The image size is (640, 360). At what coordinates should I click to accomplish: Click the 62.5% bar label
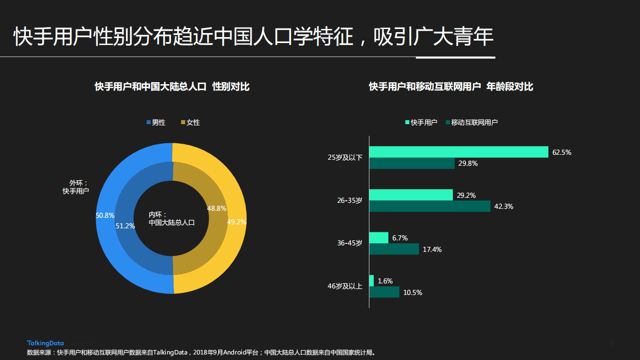point(561,152)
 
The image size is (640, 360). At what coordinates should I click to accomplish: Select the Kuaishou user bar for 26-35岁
point(411,195)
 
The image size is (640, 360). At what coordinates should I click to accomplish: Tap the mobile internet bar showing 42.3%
point(429,206)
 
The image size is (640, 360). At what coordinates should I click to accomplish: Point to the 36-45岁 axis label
point(350,243)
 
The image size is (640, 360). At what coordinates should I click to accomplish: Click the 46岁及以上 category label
point(345,286)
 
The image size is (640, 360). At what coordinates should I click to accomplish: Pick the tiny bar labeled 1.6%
point(371,281)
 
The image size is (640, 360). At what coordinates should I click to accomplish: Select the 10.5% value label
point(412,292)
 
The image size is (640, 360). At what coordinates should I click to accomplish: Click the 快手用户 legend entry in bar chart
point(420,122)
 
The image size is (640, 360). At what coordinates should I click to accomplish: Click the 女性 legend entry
point(190,122)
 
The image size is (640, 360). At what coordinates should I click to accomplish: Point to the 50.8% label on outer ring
point(105,215)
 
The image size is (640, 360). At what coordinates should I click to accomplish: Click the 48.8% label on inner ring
point(217,208)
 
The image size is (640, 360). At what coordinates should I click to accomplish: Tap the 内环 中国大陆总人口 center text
point(171,219)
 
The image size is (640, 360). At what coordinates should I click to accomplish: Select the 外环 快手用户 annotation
point(76,187)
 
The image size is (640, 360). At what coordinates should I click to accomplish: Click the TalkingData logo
point(45,343)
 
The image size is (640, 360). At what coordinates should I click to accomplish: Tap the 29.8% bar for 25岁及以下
point(412,163)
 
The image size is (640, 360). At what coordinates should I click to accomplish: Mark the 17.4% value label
point(432,249)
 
